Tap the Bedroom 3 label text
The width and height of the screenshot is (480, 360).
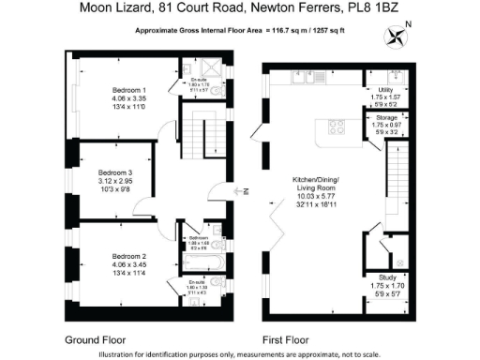pyautogui.click(x=118, y=172)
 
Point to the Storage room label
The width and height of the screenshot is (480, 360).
pyautogui.click(x=385, y=117)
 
